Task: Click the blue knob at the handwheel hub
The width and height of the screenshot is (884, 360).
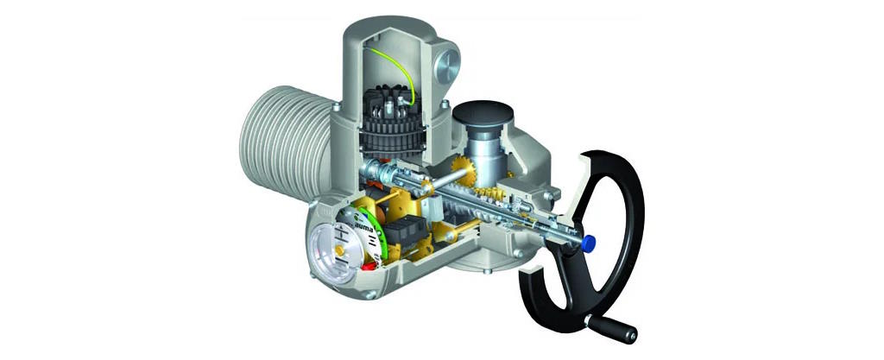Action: tap(589, 244)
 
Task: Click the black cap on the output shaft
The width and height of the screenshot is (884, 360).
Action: tap(483, 114)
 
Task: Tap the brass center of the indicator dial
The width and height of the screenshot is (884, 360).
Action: tap(339, 249)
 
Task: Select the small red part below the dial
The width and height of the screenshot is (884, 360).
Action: tap(369, 265)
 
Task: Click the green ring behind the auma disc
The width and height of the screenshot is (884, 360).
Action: tap(379, 231)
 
